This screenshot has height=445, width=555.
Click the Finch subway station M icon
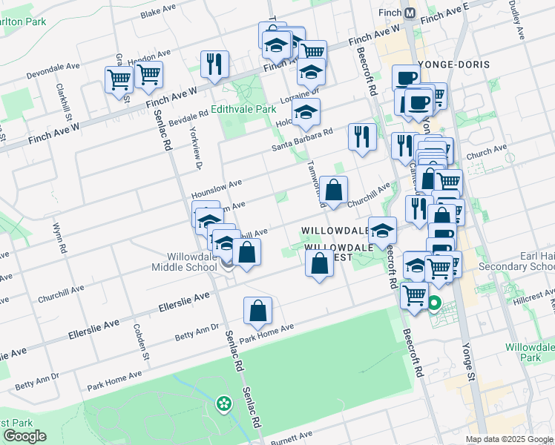click(410, 13)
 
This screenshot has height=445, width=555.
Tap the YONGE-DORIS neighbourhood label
click(454, 65)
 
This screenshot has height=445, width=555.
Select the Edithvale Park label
click(243, 108)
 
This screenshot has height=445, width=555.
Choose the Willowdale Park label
click(529, 352)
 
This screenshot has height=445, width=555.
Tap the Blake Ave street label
click(156, 13)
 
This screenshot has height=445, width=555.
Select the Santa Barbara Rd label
click(301, 139)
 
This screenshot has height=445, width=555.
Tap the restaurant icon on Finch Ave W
click(213, 64)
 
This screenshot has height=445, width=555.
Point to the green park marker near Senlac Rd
click(223, 403)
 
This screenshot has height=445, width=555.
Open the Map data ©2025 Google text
click(510, 439)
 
